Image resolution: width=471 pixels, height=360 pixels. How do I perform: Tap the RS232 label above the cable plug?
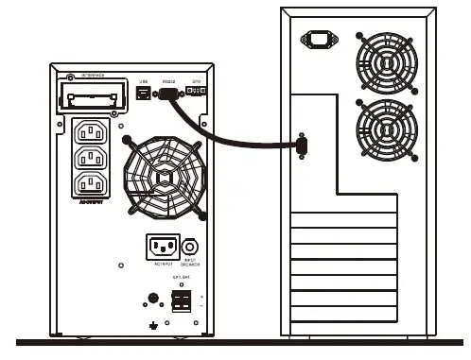(169, 81)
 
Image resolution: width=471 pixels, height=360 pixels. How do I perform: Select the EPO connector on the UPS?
(197, 91)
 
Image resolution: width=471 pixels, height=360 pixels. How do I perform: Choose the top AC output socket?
(94, 132)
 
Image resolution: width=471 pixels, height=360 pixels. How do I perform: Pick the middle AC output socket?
(94, 157)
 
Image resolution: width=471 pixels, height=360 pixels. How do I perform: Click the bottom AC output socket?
(94, 181)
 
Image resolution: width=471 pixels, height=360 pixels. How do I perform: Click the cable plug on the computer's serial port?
(302, 145)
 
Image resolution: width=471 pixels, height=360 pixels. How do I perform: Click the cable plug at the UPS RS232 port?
(171, 94)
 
